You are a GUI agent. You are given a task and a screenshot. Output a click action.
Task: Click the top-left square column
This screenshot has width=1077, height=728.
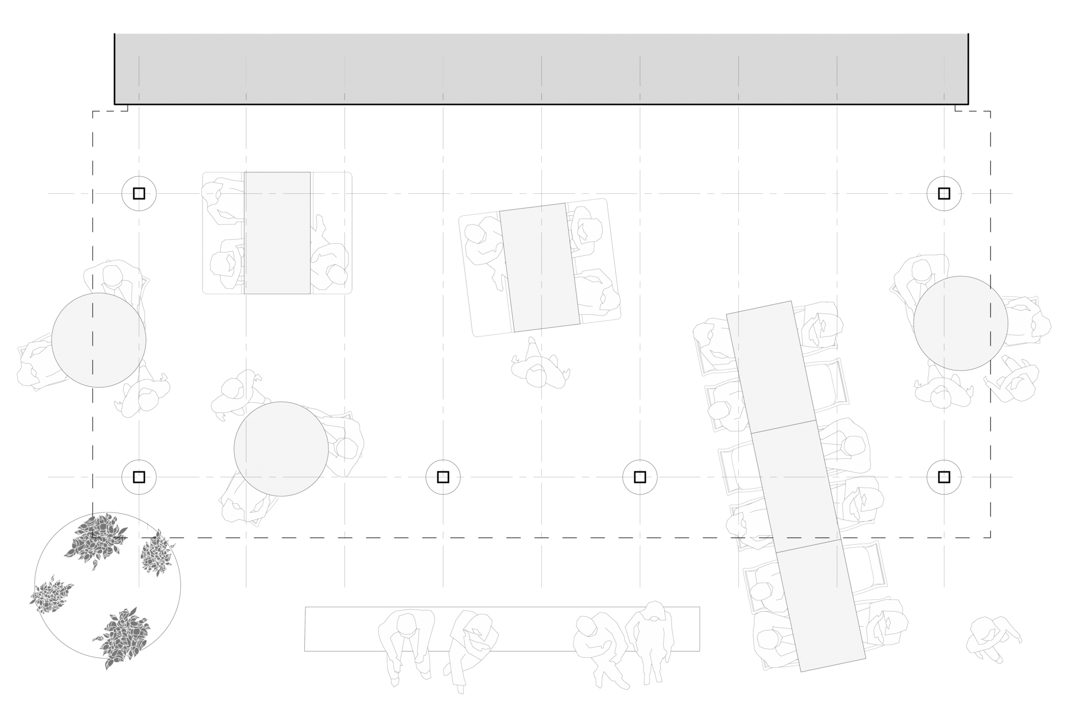pos(139,193)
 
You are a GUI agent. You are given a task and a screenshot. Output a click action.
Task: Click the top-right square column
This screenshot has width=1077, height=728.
pos(944,193)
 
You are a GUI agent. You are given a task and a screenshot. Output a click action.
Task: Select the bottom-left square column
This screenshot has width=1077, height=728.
pos(139,477)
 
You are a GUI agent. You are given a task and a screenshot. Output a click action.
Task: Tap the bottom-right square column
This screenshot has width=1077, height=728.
pos(944,477)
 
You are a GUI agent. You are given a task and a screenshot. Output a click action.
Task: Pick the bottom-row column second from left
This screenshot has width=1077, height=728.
pos(443,477)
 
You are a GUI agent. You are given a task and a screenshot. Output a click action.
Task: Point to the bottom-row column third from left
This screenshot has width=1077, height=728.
pos(640,477)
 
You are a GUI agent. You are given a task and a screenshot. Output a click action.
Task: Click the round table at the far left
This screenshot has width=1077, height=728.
pos(99,340)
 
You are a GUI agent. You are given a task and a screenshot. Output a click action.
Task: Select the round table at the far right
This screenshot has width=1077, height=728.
pos(961,323)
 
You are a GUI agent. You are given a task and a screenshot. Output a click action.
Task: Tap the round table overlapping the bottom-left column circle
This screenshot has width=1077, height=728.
pos(281,449)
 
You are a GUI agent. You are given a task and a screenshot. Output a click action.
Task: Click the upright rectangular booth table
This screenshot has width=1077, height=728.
pos(277,233)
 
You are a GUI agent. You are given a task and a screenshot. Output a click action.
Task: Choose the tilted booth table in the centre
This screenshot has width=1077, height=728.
pos(540,267)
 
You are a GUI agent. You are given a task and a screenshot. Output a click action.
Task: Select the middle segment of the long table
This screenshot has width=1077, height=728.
pos(796,486)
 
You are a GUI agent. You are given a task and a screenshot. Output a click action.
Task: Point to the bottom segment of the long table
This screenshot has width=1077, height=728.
pos(821,605)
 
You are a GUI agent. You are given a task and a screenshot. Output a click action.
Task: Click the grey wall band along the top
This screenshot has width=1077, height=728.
pos(541,68)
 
